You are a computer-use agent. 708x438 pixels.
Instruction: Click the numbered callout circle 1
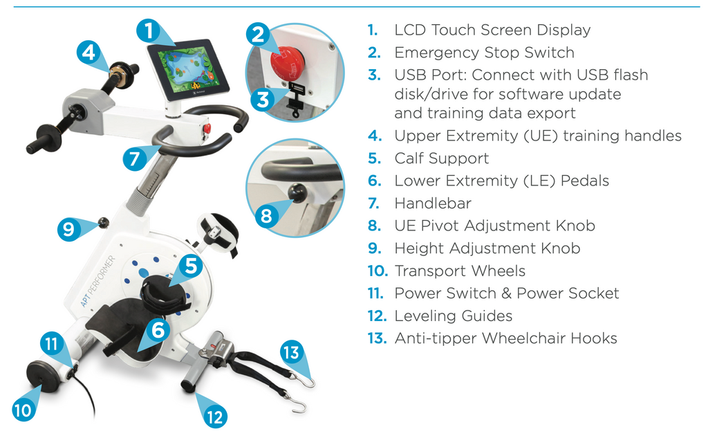pyautogui.click(x=149, y=31)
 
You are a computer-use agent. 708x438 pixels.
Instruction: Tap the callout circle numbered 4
pyautogui.click(x=88, y=53)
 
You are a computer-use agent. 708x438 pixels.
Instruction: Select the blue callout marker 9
pyautogui.click(x=69, y=229)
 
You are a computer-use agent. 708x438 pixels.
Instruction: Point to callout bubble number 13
pyautogui.click(x=292, y=352)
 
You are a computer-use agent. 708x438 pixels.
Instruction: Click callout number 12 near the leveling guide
pyautogui.click(x=215, y=417)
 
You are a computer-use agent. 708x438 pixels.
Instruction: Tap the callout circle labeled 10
pyautogui.click(x=24, y=410)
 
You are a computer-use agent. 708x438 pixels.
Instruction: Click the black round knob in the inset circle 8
pyautogui.click(x=297, y=193)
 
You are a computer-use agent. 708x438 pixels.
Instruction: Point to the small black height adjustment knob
pyautogui.click(x=104, y=222)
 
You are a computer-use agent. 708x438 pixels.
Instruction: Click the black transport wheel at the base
pyautogui.click(x=42, y=376)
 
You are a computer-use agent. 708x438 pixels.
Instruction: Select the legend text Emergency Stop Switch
pyautogui.click(x=484, y=53)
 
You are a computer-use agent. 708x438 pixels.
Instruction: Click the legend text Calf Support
pyautogui.click(x=441, y=158)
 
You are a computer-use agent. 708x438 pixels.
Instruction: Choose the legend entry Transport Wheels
pyautogui.click(x=460, y=271)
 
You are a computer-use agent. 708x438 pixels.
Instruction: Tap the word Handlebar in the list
pyautogui.click(x=433, y=203)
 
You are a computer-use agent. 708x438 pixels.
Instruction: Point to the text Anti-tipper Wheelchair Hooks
pyautogui.click(x=505, y=338)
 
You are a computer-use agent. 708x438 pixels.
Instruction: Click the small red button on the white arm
pyautogui.click(x=207, y=129)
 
